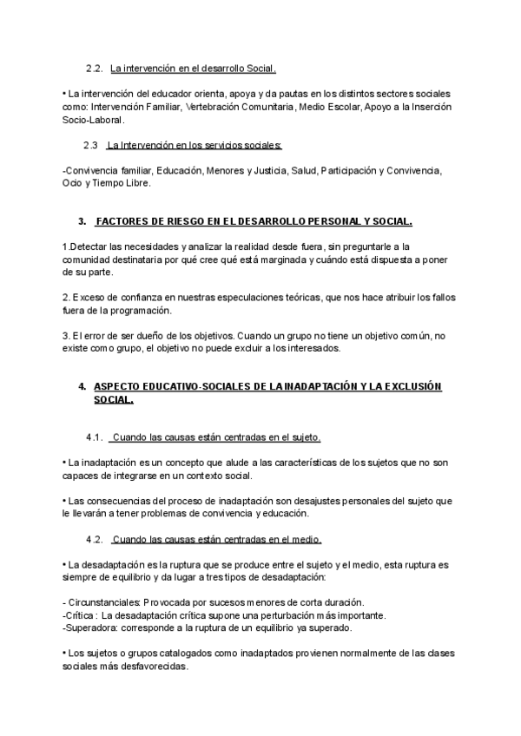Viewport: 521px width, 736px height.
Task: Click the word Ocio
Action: coord(72,183)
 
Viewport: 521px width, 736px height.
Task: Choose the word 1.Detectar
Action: coord(88,247)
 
